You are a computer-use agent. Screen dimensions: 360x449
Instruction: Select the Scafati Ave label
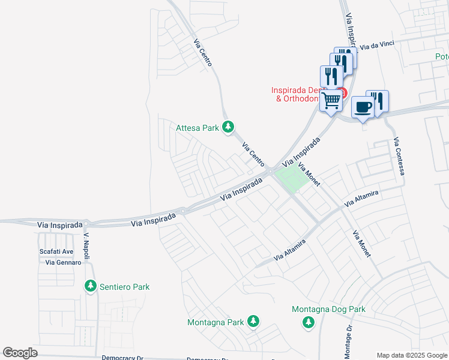pyautogui.click(x=56, y=252)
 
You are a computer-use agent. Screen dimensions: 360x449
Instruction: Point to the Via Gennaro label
pyautogui.click(x=59, y=263)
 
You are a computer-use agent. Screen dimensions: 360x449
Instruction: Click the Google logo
pyautogui.click(x=20, y=353)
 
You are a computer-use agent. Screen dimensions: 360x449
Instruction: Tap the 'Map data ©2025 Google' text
pyautogui.click(x=411, y=355)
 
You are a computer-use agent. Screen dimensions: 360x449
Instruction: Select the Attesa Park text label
pyautogui.click(x=197, y=127)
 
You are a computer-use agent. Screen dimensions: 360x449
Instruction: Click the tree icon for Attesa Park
pyautogui.click(x=228, y=127)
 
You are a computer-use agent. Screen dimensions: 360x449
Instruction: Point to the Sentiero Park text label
pyautogui.click(x=124, y=287)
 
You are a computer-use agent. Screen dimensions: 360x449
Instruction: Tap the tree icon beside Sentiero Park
pyautogui.click(x=91, y=286)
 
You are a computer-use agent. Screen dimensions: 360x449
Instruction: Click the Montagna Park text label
pyautogui.click(x=215, y=322)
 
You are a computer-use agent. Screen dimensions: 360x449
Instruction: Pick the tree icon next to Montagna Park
pyautogui.click(x=253, y=322)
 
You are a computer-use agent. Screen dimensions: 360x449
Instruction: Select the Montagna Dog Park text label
pyautogui.click(x=328, y=310)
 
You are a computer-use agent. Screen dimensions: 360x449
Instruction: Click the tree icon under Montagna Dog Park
pyautogui.click(x=309, y=323)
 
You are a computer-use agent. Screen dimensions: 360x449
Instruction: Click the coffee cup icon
pyautogui.click(x=363, y=107)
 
